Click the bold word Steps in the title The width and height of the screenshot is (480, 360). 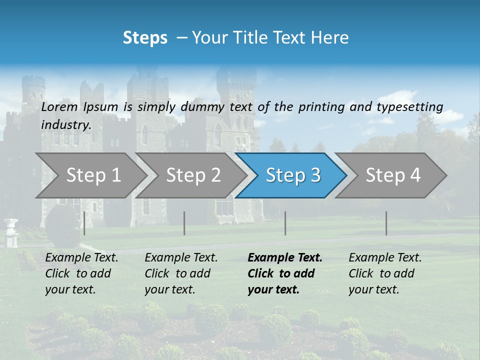(145, 38)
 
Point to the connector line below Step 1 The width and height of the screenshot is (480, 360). (84, 223)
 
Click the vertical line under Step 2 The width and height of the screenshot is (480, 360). (184, 223)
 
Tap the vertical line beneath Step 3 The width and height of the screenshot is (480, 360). (285, 223)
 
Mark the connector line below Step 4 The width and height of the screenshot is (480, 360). (386, 223)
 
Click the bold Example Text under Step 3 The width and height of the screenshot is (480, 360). (285, 257)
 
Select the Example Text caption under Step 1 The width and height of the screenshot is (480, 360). (81, 257)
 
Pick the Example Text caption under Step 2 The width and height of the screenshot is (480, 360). (181, 257)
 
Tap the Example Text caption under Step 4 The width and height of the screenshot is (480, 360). (385, 257)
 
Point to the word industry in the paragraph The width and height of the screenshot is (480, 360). (66, 124)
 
